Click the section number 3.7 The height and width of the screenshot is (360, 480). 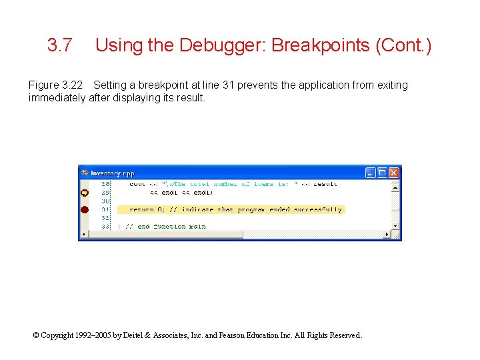coord(60,45)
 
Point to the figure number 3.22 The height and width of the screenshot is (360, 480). coord(74,85)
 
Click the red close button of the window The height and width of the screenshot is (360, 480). coord(394,173)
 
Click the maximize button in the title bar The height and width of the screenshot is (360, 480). coord(383,173)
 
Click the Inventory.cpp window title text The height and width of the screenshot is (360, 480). coord(113,173)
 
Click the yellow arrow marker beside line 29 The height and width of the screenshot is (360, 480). coord(85,193)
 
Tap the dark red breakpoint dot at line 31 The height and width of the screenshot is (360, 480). coord(85,210)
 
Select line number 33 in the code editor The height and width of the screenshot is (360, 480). coord(105,227)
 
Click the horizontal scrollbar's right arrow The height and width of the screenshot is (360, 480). coord(387,235)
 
